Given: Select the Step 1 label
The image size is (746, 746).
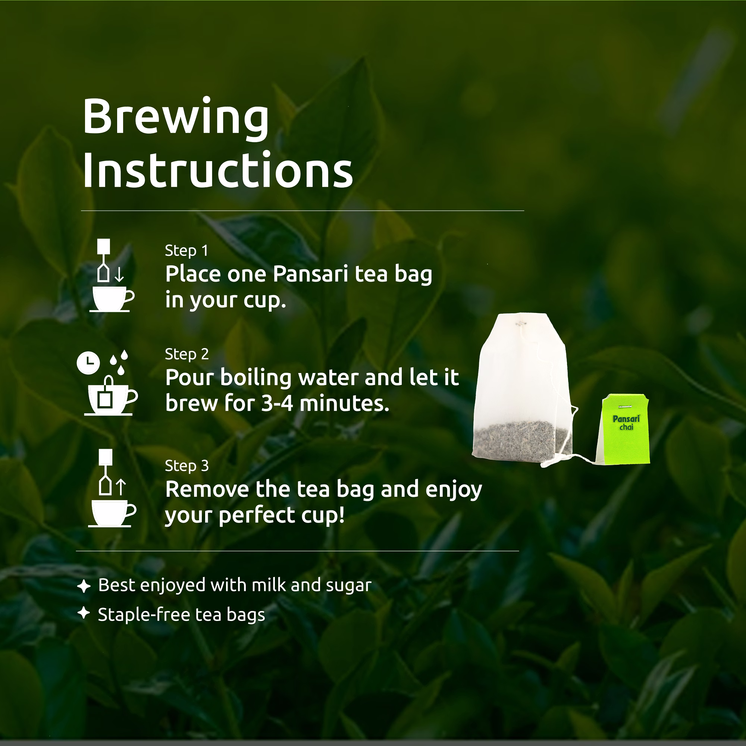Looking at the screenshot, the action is click(x=186, y=251).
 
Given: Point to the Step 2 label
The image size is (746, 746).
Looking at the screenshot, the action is click(x=187, y=354).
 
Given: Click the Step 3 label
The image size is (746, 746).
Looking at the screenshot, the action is click(x=187, y=466).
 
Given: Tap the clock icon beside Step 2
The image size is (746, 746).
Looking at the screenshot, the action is click(x=88, y=363).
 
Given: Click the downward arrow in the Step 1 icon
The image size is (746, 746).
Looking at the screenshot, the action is click(x=119, y=274).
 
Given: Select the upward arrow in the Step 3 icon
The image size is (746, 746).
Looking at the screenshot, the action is click(x=121, y=487).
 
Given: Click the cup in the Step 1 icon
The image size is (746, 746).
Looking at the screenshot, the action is click(x=112, y=299).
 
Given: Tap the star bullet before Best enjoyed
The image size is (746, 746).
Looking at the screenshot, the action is click(x=84, y=586).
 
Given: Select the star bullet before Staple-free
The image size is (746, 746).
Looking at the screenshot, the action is click(x=84, y=613).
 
